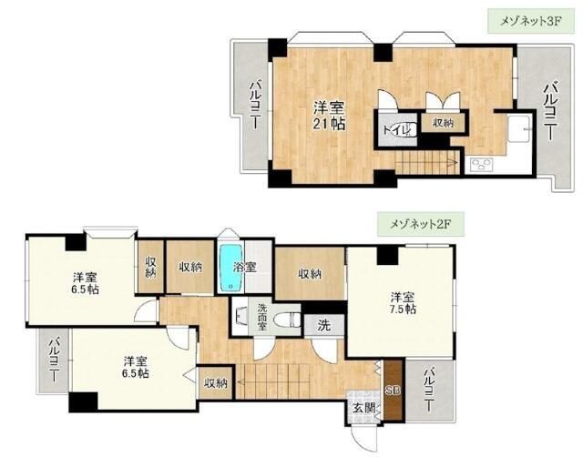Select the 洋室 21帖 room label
[x=330, y=114]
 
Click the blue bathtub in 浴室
[x=227, y=267]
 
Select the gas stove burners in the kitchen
[x=480, y=165]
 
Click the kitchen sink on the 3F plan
[x=517, y=128]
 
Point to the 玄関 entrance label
[x=362, y=407]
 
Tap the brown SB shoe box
[x=393, y=391]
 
